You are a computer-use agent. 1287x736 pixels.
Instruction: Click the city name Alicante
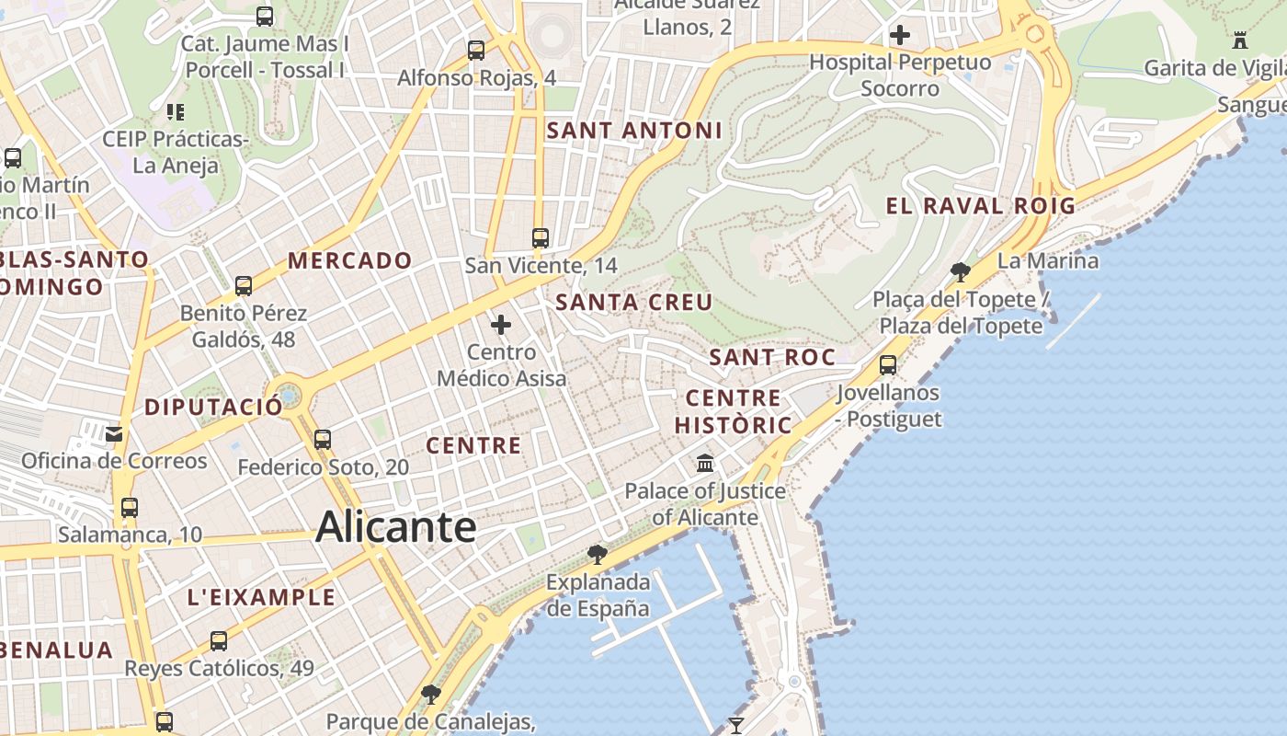tap(396, 527)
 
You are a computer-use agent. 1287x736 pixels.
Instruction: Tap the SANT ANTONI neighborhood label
tap(634, 131)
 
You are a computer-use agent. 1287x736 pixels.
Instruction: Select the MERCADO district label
tap(350, 260)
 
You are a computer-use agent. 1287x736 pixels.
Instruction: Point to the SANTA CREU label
tap(634, 302)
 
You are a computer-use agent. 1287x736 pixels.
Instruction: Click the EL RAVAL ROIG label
tap(980, 205)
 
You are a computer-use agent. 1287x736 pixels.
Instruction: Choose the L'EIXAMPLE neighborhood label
tap(262, 597)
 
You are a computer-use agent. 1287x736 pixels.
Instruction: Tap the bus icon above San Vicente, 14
tap(541, 238)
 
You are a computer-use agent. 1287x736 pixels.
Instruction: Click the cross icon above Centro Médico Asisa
tap(501, 325)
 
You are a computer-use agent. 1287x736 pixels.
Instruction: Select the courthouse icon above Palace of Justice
tap(705, 463)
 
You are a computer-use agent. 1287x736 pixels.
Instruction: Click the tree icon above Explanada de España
tap(598, 554)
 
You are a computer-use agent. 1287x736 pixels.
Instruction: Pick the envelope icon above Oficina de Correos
tap(115, 433)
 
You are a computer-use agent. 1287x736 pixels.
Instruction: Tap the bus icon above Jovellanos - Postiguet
tap(888, 365)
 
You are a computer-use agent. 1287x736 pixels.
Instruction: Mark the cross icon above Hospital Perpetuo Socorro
tap(900, 36)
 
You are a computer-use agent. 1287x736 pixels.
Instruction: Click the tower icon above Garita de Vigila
tap(1240, 40)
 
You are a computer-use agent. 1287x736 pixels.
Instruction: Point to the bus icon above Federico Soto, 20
tap(323, 440)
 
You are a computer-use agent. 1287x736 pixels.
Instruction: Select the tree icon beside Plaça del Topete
tap(961, 271)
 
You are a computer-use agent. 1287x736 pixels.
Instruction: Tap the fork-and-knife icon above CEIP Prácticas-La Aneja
tap(175, 112)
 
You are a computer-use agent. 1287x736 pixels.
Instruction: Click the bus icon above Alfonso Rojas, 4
tap(476, 51)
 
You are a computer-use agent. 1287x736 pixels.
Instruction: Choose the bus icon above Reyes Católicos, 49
tap(219, 641)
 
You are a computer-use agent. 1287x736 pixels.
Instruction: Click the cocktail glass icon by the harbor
tap(735, 726)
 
